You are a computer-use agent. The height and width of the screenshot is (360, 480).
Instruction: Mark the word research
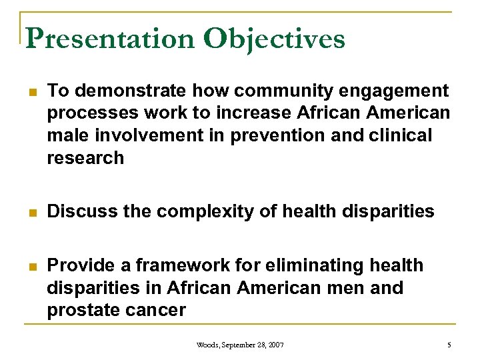tap(85, 158)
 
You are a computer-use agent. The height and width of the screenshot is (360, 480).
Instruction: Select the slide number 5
tap(449, 345)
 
